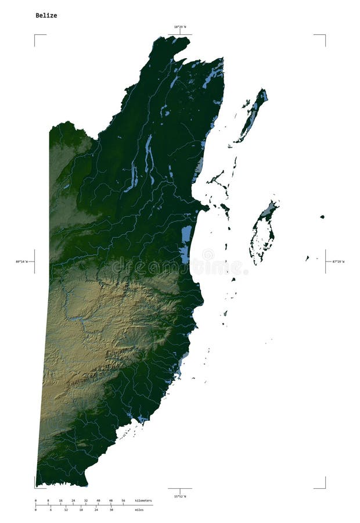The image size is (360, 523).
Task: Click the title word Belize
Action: [46, 16]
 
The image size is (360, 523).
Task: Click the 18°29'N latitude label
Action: [180, 27]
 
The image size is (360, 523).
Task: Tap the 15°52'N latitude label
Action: [180, 496]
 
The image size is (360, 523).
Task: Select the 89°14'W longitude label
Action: [23, 261]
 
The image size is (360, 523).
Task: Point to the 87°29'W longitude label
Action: [338, 261]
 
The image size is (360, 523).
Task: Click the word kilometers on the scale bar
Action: [143, 500]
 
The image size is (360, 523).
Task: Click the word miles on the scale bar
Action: [139, 510]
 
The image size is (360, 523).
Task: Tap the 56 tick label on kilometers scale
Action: [123, 500]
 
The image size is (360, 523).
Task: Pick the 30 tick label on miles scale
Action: [111, 510]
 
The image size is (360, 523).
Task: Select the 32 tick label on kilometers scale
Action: [86, 500]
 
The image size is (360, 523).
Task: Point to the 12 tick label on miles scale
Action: [66, 510]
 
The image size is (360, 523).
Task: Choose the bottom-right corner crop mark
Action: [324, 487]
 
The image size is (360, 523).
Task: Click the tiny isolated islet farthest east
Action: [322, 217]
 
